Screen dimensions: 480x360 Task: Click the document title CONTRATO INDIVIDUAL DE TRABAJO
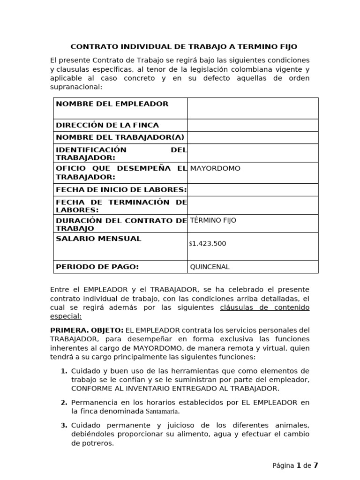pos(183,47)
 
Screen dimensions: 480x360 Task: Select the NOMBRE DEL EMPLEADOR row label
pos(112,104)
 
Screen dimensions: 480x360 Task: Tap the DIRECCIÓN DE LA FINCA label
pos(107,125)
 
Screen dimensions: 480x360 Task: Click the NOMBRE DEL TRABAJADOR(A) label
pos(120,137)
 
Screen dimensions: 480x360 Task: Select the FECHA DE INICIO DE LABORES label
pos(121,190)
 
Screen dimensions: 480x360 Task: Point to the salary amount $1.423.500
pos(208,244)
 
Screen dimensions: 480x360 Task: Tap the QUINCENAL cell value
pos(210,267)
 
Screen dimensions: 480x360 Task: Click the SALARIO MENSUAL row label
pos(98,239)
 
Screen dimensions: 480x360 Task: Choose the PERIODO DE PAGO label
pos(97,267)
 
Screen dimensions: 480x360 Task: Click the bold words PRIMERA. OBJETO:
pos(87,330)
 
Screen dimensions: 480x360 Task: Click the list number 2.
pos(64,403)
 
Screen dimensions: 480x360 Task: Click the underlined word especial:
pos(66,316)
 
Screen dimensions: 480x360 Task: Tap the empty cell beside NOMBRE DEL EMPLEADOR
pos(253,108)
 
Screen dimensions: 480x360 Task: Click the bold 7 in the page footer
pos(316,465)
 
